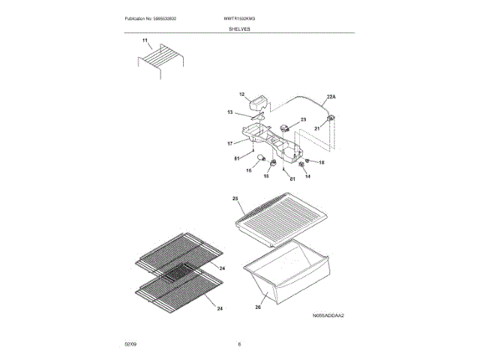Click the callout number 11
pyautogui.click(x=145, y=38)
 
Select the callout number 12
pyautogui.click(x=242, y=94)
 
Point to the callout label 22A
pyautogui.click(x=331, y=97)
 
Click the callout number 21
pyautogui.click(x=316, y=128)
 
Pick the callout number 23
pyautogui.click(x=304, y=119)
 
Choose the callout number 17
pyautogui.click(x=231, y=142)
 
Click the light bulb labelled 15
pyautogui.click(x=259, y=160)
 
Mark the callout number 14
pyautogui.click(x=307, y=175)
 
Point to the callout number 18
pyautogui.click(x=322, y=162)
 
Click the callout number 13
pyautogui.click(x=231, y=112)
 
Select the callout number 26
pyautogui.click(x=257, y=306)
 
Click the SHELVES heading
pyautogui.click(x=240, y=28)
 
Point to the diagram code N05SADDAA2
pyautogui.click(x=328, y=316)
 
